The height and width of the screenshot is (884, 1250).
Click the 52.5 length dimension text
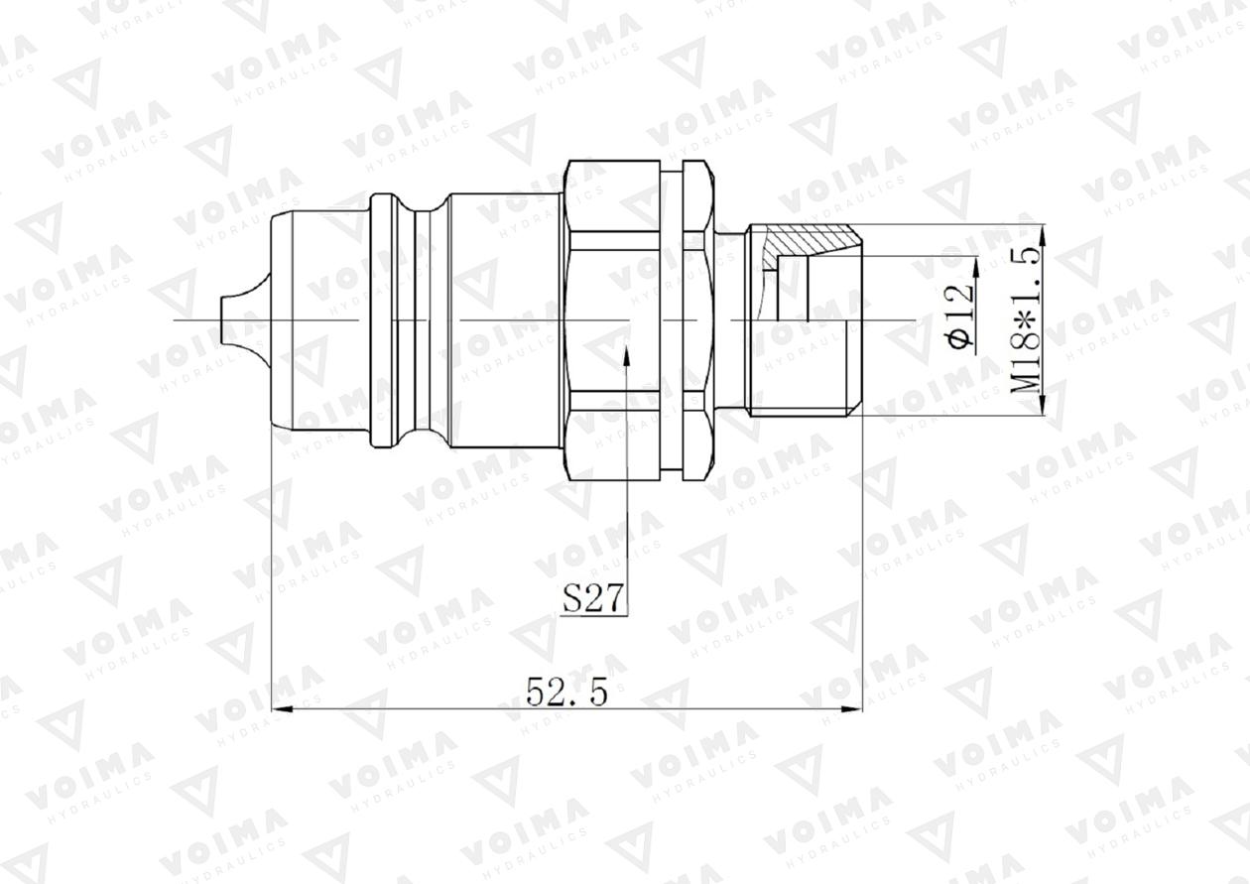click(566, 692)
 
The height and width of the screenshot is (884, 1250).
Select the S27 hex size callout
click(592, 597)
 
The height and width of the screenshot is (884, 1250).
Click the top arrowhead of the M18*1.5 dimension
click(1043, 234)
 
